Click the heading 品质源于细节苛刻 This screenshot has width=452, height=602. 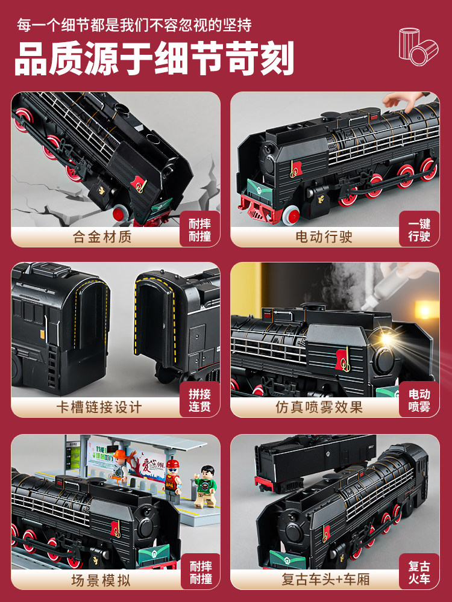(154, 59)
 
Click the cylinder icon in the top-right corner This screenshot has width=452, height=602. (418, 45)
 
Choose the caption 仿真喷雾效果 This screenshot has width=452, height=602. (319, 407)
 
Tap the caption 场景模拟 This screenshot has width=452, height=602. (101, 580)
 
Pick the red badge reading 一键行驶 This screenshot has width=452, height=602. (419, 230)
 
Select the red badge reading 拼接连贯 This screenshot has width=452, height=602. (200, 400)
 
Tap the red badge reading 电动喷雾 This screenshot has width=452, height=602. (419, 400)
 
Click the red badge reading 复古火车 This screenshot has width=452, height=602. (419, 572)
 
